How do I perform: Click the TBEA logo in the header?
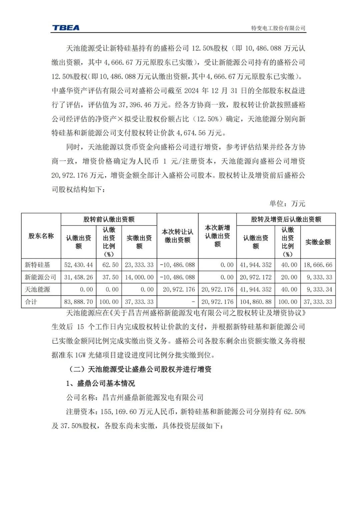point(66,28)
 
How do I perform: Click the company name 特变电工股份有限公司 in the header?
point(278,28)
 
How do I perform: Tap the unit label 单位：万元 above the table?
point(287,203)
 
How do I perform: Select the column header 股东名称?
point(41,236)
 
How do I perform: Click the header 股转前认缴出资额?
point(109,219)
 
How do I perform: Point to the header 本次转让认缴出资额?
point(177,236)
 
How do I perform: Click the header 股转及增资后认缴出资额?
point(286,219)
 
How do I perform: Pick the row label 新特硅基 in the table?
point(37,265)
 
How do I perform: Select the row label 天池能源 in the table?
point(37,289)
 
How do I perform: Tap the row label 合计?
point(31,302)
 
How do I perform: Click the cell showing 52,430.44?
point(78,265)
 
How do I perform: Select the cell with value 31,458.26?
point(78,277)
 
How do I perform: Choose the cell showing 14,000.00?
point(139,277)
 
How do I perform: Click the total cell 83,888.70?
point(78,302)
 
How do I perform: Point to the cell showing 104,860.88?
point(255,302)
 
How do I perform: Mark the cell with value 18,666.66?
point(318,265)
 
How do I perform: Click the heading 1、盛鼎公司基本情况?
point(100,383)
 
